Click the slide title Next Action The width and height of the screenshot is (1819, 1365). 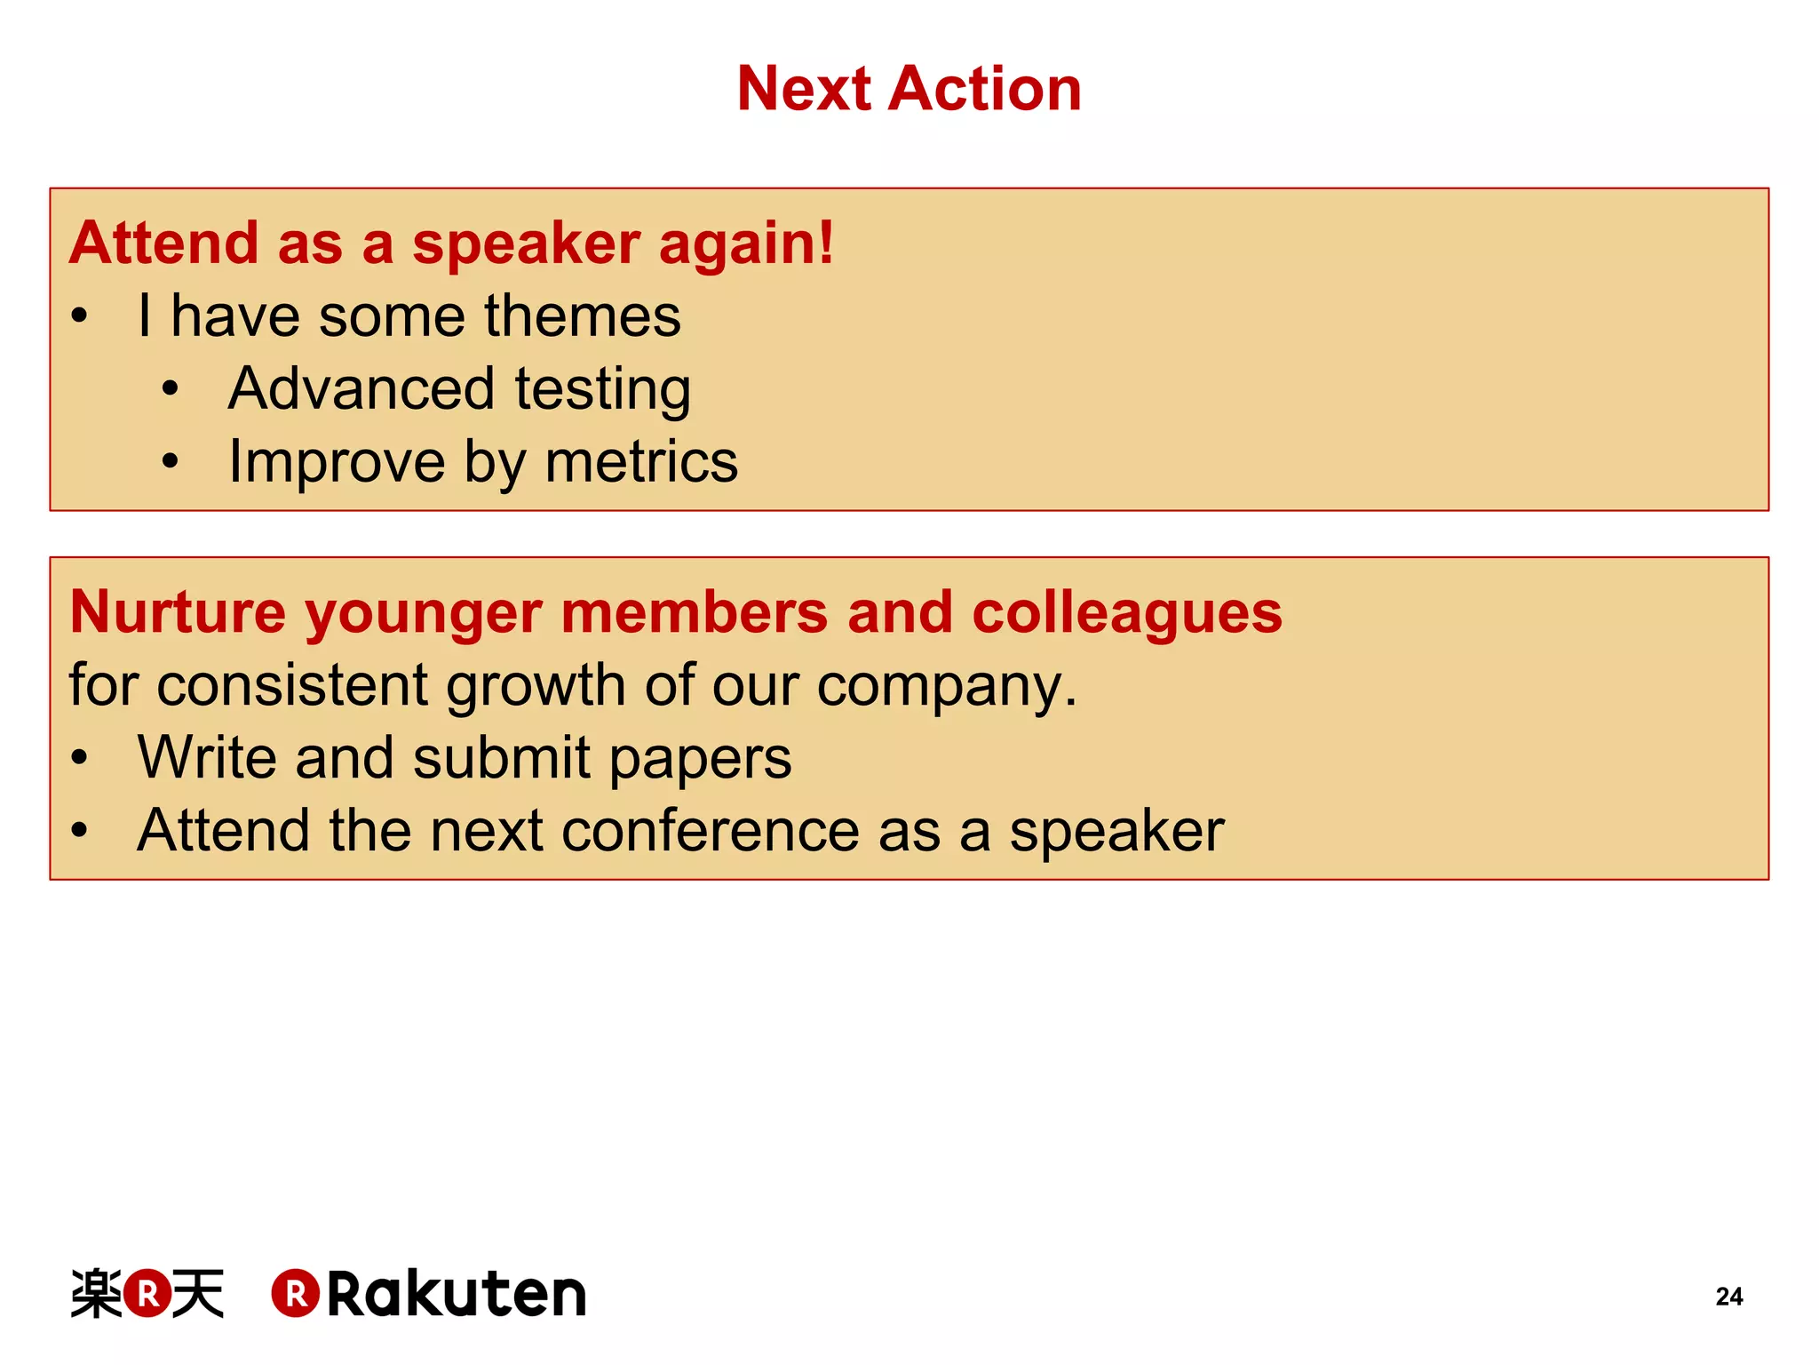[x=909, y=89]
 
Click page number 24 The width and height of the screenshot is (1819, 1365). [x=1728, y=1297]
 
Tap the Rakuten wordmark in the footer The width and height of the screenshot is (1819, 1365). [x=457, y=1294]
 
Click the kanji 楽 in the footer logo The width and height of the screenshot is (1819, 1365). [x=96, y=1294]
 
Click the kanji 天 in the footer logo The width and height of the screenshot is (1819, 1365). [x=198, y=1294]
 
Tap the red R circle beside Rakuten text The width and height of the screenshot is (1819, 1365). [x=296, y=1294]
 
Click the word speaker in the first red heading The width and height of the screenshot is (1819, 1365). [x=526, y=245]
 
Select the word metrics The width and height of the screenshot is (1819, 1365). [x=641, y=462]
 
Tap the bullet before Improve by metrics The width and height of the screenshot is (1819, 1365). [x=171, y=462]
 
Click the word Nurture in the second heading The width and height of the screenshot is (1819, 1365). [x=178, y=613]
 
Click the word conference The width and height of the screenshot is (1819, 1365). [x=711, y=831]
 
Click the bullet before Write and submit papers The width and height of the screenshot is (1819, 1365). [x=80, y=758]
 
